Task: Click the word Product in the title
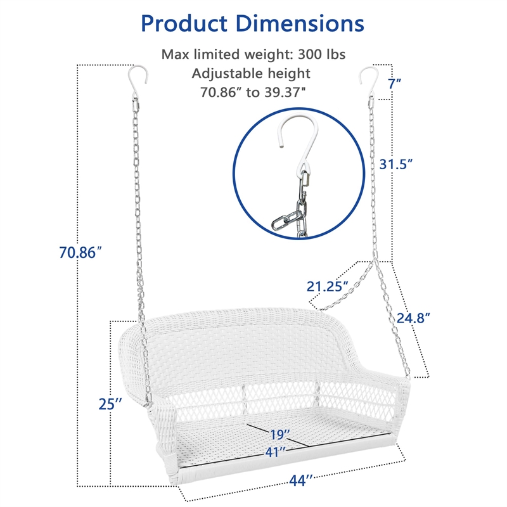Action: (184, 24)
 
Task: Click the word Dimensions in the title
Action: (300, 23)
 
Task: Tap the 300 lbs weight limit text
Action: (321, 55)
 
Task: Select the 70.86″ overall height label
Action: (80, 252)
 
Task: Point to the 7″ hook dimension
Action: (394, 84)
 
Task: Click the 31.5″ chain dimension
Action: (395, 164)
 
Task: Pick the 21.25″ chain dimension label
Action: (327, 286)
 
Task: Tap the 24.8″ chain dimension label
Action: (413, 318)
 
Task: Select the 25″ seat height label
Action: (110, 404)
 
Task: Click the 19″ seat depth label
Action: (279, 435)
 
